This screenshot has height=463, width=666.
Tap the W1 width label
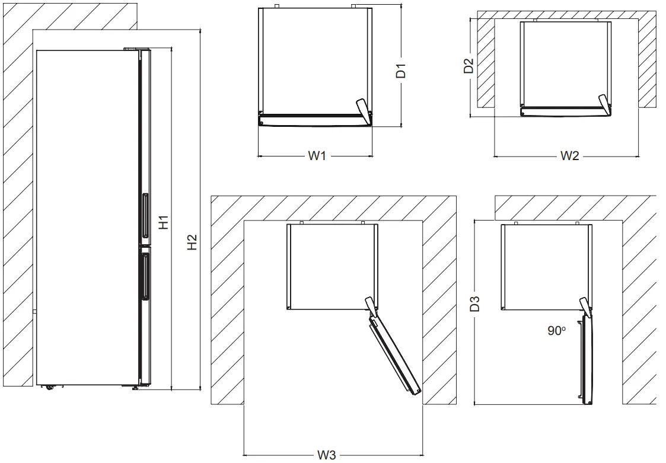(317, 156)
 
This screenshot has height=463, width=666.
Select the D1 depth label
(401, 71)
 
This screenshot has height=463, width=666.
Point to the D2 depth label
(469, 66)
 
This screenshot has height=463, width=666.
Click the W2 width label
(569, 156)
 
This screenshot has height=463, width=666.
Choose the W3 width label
(326, 455)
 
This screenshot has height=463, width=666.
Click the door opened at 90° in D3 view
(588, 359)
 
